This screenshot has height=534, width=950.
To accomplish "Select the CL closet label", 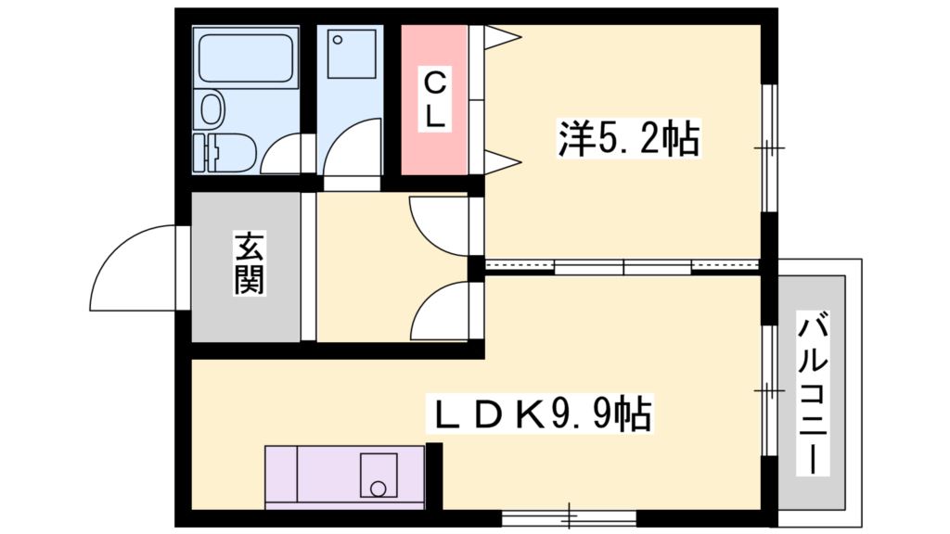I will [435, 100].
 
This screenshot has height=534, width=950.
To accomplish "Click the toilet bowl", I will [212, 109].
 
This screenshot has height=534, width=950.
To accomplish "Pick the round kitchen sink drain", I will [377, 487].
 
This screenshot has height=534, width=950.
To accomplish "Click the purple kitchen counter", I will [311, 475].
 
